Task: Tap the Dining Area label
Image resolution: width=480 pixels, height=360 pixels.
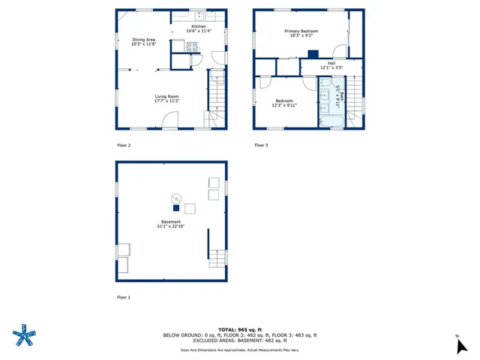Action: pos(144,39)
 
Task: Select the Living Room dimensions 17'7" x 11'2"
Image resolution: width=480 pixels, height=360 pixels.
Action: pos(166,100)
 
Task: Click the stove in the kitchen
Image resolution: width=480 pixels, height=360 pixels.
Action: pos(192,46)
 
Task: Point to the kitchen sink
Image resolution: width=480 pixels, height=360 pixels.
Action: pos(199,16)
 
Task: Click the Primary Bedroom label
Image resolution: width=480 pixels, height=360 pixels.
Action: pos(301,31)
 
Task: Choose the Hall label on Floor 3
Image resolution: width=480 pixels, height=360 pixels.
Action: pos(331,63)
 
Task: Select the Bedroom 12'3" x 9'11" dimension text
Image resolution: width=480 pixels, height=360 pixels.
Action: pos(284,105)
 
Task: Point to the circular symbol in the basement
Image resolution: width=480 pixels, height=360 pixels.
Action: pos(176,198)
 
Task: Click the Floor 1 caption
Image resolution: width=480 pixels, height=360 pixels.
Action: pos(124,298)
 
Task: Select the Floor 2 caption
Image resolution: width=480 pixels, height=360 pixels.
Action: pos(124,145)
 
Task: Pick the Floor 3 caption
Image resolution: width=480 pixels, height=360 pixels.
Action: pos(261,145)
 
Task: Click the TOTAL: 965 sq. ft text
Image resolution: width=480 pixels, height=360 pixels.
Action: pos(240,330)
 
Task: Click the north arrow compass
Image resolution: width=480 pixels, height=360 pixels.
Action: pos(461,345)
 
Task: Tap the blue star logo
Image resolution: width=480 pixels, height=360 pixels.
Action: pos(25,336)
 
